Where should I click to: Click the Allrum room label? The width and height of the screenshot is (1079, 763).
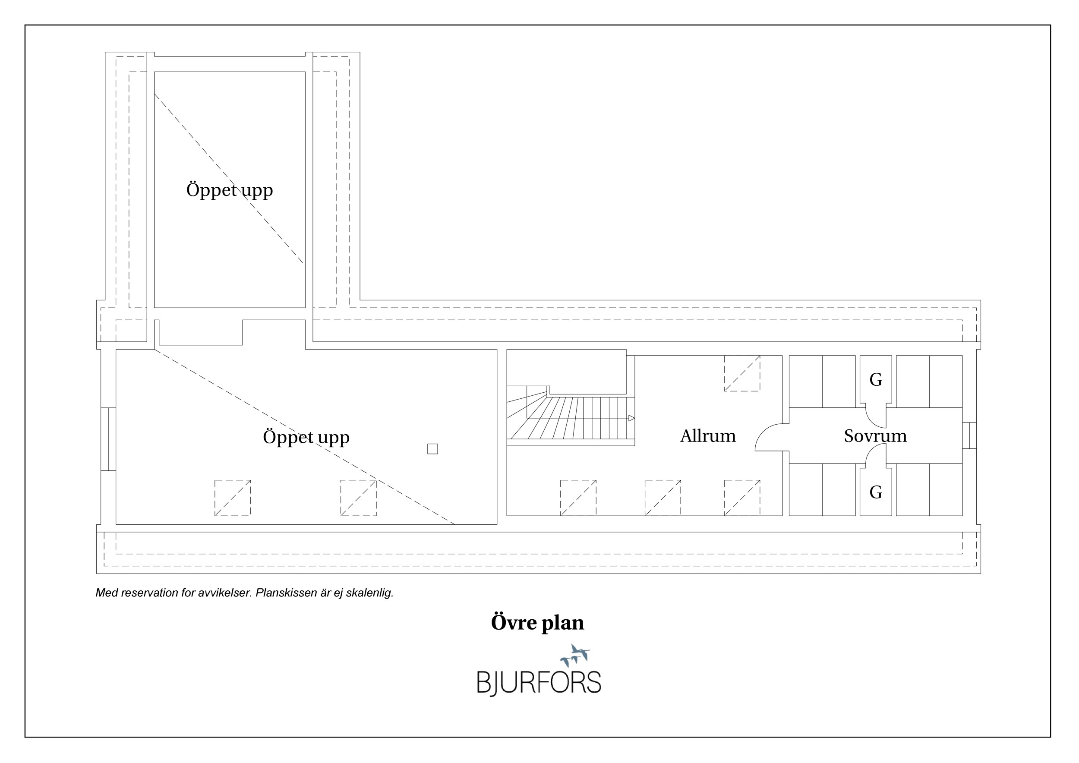pyautogui.click(x=708, y=436)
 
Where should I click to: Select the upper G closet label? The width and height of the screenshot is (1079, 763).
pyautogui.click(x=876, y=380)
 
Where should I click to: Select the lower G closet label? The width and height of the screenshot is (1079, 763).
pyautogui.click(x=876, y=492)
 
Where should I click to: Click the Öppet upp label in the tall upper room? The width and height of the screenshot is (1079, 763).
pyautogui.click(x=229, y=190)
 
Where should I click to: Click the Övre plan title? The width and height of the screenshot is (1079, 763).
pyautogui.click(x=538, y=623)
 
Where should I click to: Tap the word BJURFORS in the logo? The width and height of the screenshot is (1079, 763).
pyautogui.click(x=539, y=683)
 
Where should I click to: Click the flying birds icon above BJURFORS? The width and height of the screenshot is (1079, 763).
pyautogui.click(x=575, y=656)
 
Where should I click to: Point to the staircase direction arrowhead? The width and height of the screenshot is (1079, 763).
pyautogui.click(x=631, y=418)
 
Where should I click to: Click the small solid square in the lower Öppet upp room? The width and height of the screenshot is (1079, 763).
pyautogui.click(x=432, y=449)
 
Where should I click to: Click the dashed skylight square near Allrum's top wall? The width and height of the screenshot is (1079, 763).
pyautogui.click(x=741, y=373)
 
